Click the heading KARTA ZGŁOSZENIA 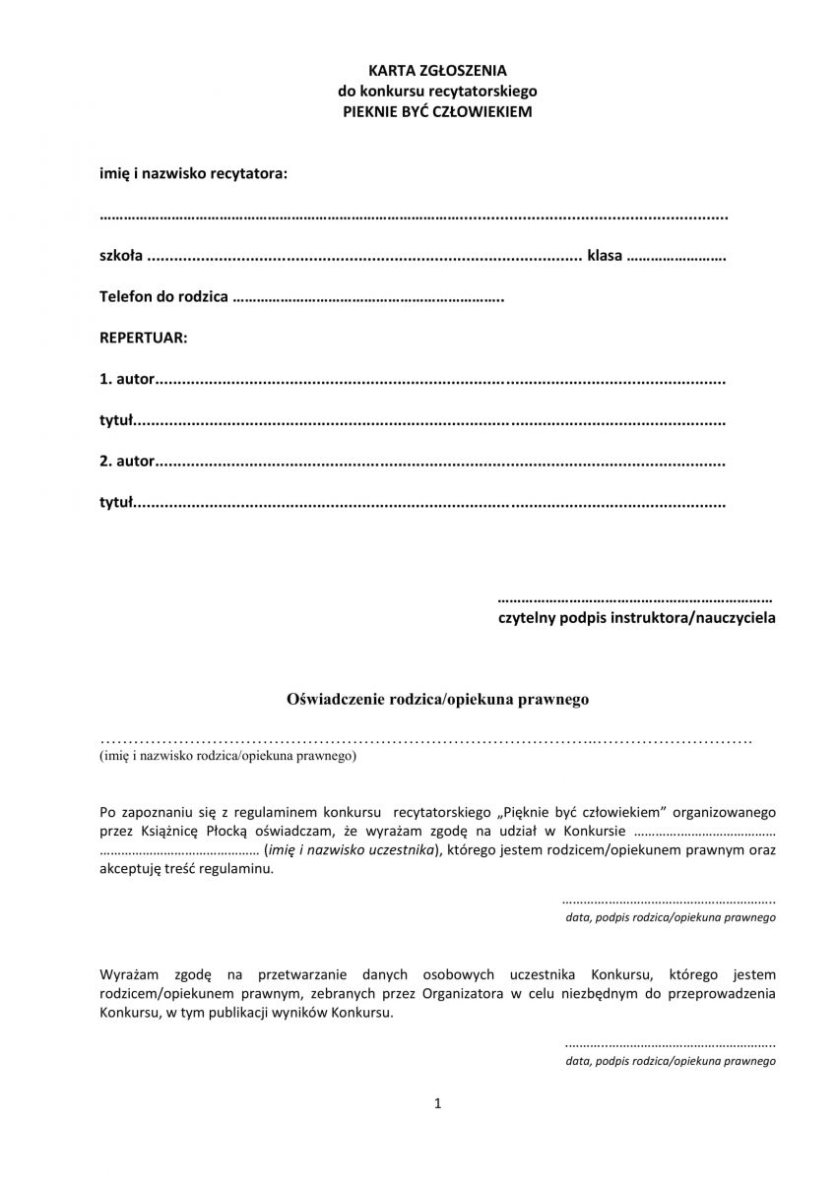coord(436,71)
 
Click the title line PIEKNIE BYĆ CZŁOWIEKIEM coord(436,112)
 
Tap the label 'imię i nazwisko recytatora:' coord(194,173)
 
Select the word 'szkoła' coord(121,256)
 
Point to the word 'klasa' coord(604,256)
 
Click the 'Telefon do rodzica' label coord(163,296)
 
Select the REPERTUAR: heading coord(143,338)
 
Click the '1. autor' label coord(127,379)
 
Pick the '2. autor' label coord(127,461)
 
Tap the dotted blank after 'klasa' coord(676,257)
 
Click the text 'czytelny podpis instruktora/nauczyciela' coord(636,618)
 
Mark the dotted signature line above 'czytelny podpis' coord(635,598)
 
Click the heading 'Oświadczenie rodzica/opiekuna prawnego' coord(437,700)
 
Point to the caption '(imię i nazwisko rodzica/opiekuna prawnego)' coord(227,757)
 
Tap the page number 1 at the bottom coord(437,1104)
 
